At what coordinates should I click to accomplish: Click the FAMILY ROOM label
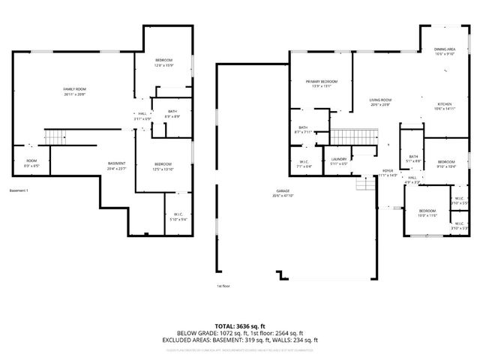(74, 88)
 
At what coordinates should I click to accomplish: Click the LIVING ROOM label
(381, 100)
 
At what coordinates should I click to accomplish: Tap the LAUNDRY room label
(339, 160)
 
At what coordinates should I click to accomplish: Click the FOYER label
(388, 172)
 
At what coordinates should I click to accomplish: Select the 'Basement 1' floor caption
(19, 191)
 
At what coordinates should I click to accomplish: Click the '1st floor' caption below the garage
(223, 286)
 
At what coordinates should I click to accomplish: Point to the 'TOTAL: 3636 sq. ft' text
(247, 326)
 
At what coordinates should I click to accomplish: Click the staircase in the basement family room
(54, 137)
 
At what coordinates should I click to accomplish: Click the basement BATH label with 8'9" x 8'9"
(172, 112)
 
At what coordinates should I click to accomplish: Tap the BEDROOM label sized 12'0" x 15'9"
(164, 60)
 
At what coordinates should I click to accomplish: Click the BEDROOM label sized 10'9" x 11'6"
(427, 211)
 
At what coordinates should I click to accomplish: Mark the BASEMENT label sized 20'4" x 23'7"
(116, 164)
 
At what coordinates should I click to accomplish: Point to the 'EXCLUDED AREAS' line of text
(247, 340)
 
